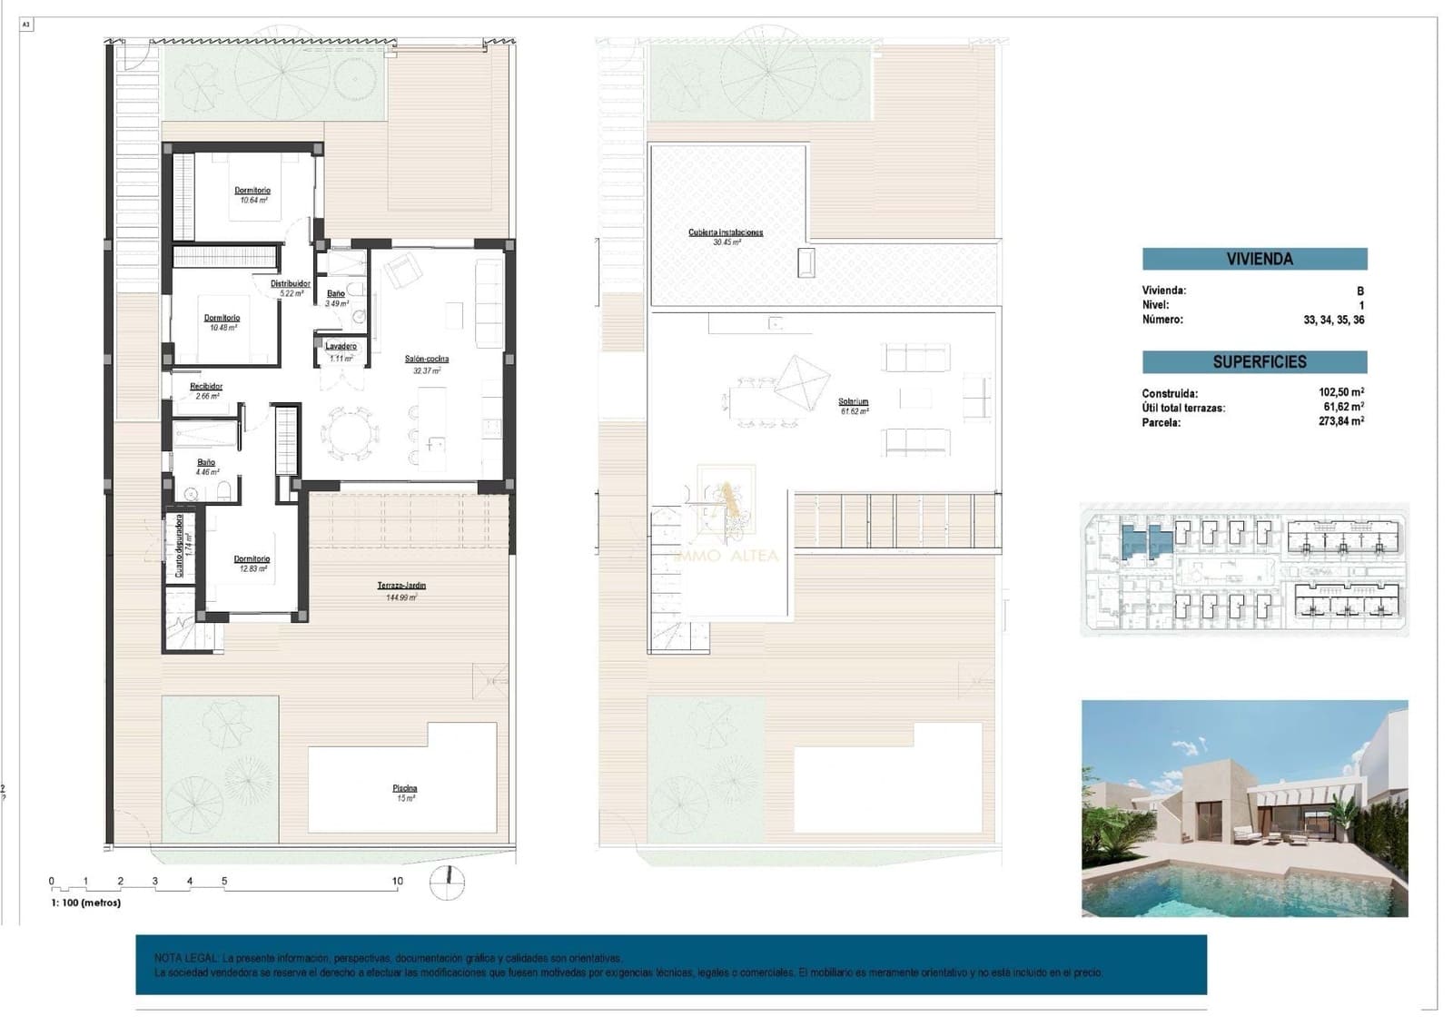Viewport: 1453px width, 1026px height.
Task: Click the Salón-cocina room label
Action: pos(426,360)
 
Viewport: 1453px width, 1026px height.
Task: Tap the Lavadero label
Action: pos(341,347)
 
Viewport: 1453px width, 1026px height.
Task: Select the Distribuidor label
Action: pos(291,284)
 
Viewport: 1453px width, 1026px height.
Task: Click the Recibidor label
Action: pos(206,387)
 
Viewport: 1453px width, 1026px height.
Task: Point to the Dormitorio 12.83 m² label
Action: pos(252,560)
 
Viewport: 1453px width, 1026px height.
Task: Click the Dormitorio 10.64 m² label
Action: pos(252,192)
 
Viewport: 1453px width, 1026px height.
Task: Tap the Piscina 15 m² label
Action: pos(405,789)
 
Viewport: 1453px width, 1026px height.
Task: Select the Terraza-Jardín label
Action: pos(401,587)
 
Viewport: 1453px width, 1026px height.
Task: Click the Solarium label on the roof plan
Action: pos(854,402)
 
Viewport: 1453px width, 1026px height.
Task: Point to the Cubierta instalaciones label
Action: pos(726,233)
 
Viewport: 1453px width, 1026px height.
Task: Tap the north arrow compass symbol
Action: pos(446,883)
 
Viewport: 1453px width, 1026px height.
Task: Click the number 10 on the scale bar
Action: pos(397,882)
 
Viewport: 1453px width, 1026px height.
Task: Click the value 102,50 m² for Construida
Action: pos(1340,393)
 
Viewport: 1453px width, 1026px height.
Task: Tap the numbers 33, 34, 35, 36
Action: pos(1332,321)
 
